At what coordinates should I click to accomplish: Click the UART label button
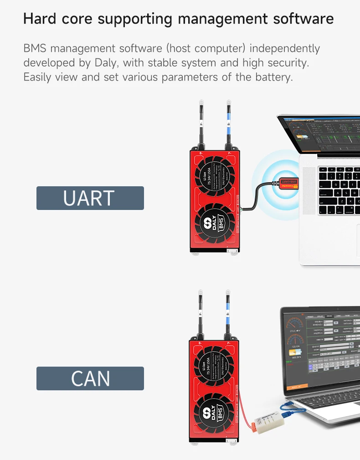click(x=90, y=198)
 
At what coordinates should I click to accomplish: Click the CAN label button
click(x=90, y=378)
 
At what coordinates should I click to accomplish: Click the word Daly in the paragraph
click(x=104, y=62)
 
